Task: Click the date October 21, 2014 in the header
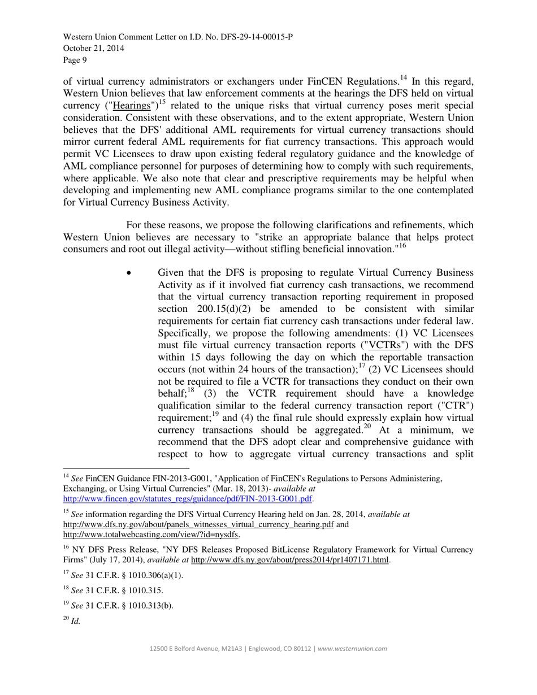coord(94,49)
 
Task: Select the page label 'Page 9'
coord(75,59)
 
